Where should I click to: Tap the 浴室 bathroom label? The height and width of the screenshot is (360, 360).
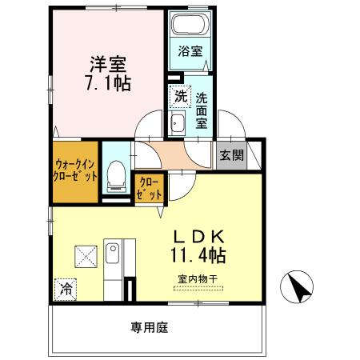[190, 51]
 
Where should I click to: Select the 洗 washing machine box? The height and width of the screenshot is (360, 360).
[180, 96]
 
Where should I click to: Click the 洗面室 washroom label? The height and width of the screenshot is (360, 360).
[202, 112]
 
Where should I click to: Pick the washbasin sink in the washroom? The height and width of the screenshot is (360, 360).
[178, 123]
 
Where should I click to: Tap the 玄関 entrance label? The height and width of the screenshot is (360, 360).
[233, 155]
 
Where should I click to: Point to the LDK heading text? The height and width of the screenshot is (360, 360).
[203, 237]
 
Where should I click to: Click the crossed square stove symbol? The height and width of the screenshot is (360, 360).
[86, 256]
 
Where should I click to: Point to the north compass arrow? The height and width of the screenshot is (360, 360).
[296, 286]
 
